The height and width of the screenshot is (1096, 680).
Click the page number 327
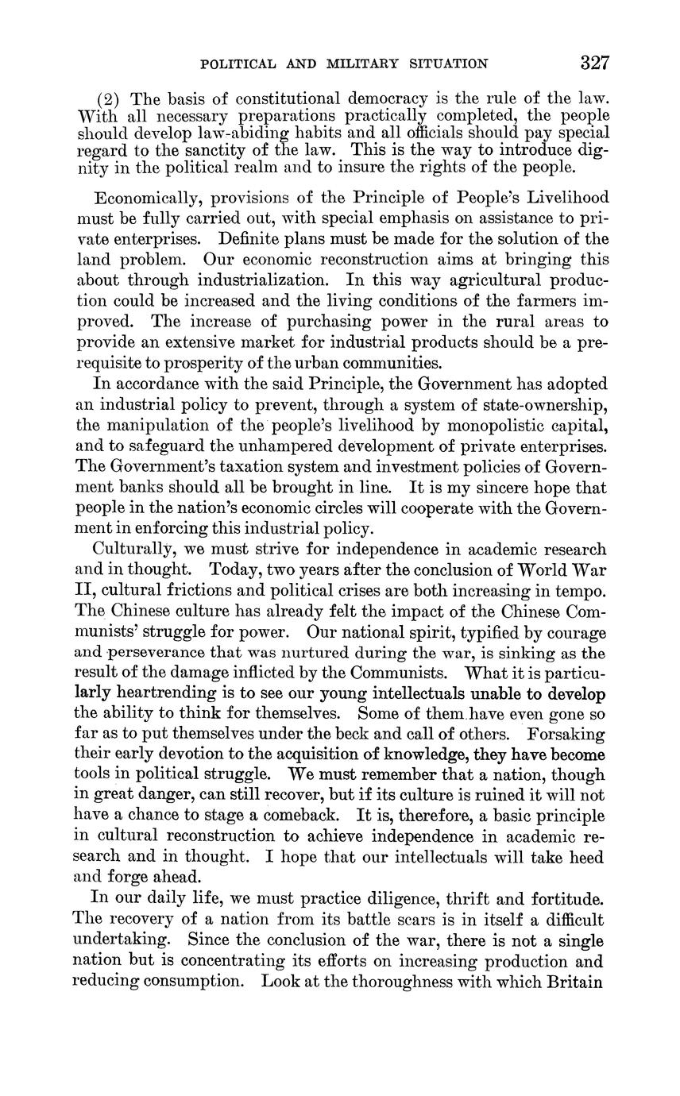point(594,63)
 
